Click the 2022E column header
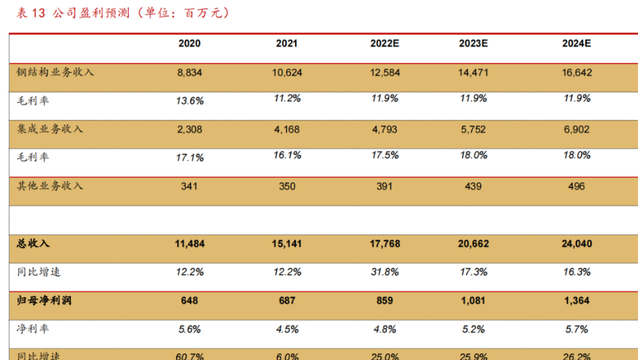pos(385,43)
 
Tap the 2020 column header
pos(189,43)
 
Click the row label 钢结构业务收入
pos(55,72)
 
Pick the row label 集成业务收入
pos(50,129)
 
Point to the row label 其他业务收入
pos(50,186)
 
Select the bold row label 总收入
pos(33,243)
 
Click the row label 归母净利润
pos(44,301)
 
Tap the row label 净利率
pos(33,329)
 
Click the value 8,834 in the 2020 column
pos(189,72)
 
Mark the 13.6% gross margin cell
pos(189,101)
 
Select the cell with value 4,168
pos(286,129)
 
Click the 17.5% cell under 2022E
pos(385,155)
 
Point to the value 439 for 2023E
pos(473,186)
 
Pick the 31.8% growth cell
pos(385,272)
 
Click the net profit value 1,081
pos(473,301)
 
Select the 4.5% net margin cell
pos(286,329)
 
